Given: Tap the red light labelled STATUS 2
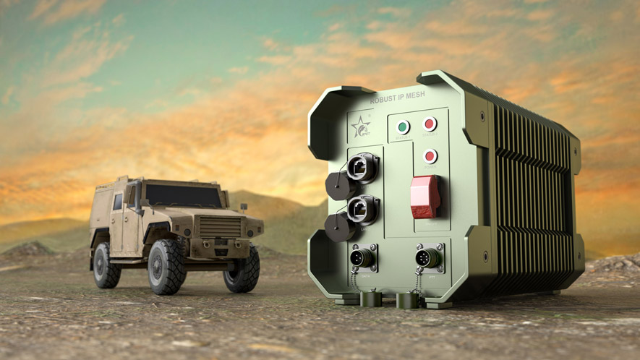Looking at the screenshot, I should pyautogui.click(x=430, y=124).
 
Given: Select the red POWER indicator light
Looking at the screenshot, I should pyautogui.click(x=430, y=155).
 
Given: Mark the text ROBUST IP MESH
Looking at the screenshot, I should pyautogui.click(x=398, y=96).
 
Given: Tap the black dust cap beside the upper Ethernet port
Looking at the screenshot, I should pyautogui.click(x=336, y=184).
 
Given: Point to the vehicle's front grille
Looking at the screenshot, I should pyautogui.click(x=218, y=227).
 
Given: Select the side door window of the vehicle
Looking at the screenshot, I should pyautogui.click(x=118, y=202).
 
